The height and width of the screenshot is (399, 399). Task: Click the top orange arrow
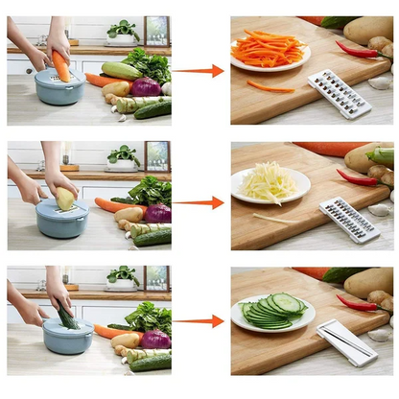pos(199,70)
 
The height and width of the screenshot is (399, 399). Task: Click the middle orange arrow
pos(199,202)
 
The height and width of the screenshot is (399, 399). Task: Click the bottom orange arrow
pos(199,321)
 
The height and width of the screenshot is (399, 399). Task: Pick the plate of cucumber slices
pos(272,312)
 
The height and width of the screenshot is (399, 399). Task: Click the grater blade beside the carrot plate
pos(338,94)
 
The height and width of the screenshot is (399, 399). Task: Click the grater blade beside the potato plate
pos(348,220)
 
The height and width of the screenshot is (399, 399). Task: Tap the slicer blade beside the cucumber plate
pos(346,341)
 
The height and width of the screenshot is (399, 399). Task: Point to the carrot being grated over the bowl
pos(61,65)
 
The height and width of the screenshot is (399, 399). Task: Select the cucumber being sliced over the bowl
pos(66,316)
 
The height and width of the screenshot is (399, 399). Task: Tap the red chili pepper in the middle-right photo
pos(357,176)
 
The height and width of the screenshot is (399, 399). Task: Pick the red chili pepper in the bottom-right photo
pos(357,304)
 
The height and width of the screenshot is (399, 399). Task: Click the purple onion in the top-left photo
pos(146,87)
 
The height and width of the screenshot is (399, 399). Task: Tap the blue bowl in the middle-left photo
pos(62,220)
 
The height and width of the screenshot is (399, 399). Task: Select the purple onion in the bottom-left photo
pos(153,340)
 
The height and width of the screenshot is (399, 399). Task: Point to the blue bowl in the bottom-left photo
pos(67,338)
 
